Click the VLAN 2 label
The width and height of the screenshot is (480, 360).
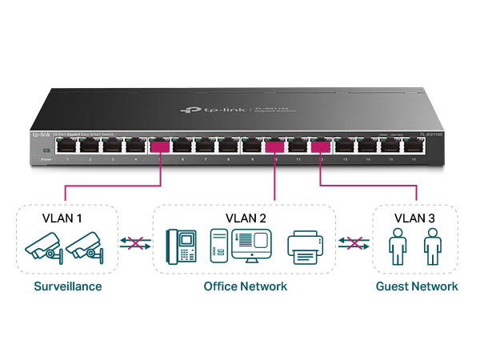click(245, 218)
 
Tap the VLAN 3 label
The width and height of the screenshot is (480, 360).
click(415, 218)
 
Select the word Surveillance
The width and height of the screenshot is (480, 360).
click(67, 286)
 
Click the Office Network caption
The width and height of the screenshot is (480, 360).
click(245, 286)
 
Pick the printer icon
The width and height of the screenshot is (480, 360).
click(305, 246)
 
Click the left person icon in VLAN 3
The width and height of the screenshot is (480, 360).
click(397, 246)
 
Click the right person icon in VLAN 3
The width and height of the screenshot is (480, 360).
click(433, 246)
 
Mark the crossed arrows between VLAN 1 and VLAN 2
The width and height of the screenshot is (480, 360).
click(135, 244)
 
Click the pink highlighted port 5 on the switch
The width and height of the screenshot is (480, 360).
click(160, 147)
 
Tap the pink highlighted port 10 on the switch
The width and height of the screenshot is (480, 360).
click(275, 147)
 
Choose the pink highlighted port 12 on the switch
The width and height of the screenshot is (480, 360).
click(321, 147)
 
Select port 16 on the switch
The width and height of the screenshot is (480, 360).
click(414, 147)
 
